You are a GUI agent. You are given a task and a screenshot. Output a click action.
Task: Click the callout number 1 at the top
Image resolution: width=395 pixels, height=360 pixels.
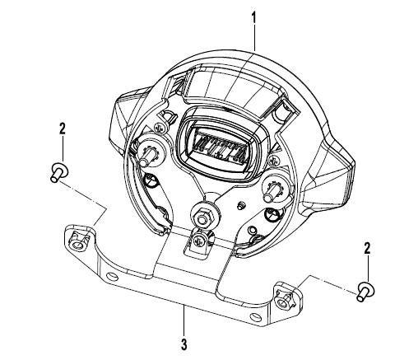(x=254, y=18)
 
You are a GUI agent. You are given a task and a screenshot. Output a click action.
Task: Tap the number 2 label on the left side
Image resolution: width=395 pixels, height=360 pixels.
(x=63, y=129)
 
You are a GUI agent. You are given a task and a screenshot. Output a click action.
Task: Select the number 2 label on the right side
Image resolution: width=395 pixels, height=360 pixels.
(x=367, y=248)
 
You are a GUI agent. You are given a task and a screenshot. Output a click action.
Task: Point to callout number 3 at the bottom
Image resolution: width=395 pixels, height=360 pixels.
(x=184, y=344)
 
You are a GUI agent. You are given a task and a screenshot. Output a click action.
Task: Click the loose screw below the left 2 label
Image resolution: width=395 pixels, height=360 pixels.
(x=59, y=172)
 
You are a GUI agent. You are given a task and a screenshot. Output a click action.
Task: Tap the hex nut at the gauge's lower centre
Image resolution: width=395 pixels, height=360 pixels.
(x=202, y=218)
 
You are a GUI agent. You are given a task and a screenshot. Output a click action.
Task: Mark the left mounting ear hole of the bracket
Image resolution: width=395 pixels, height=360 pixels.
(x=80, y=243)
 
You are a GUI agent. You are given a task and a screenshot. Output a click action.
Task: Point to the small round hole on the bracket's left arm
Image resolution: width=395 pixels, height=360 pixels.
(x=112, y=275)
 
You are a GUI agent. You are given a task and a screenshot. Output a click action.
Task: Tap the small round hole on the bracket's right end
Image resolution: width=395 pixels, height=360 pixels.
(x=256, y=318)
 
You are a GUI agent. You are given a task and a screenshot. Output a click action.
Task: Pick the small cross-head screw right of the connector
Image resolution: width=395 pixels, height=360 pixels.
(x=273, y=159)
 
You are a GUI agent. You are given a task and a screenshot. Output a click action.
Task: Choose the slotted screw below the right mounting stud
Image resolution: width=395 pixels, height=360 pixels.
(x=271, y=214)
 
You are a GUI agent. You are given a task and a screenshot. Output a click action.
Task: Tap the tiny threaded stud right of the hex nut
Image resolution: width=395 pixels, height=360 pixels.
(x=240, y=205)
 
